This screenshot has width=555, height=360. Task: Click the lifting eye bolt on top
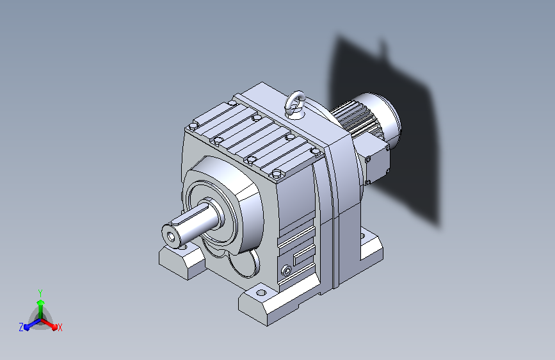[x=295, y=104]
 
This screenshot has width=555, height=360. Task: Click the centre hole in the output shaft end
[x=172, y=236]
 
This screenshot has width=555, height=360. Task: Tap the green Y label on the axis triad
[x=40, y=293]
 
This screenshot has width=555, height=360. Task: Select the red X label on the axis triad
[x=60, y=328]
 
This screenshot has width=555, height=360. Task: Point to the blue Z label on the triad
[x=21, y=327]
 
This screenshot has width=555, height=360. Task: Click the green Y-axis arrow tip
[x=41, y=302]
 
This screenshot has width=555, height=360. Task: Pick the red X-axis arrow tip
[x=54, y=326]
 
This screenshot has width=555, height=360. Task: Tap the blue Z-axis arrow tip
[x=27, y=327]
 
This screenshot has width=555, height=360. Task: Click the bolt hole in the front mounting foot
[x=261, y=293]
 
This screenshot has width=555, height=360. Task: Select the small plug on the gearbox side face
[x=287, y=271]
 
